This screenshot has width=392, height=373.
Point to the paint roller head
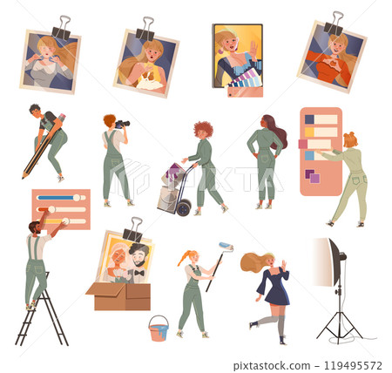tap(226, 247)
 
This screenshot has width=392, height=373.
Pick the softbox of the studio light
tap(324, 262)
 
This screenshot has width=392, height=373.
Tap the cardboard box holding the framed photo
tap(118, 296)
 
